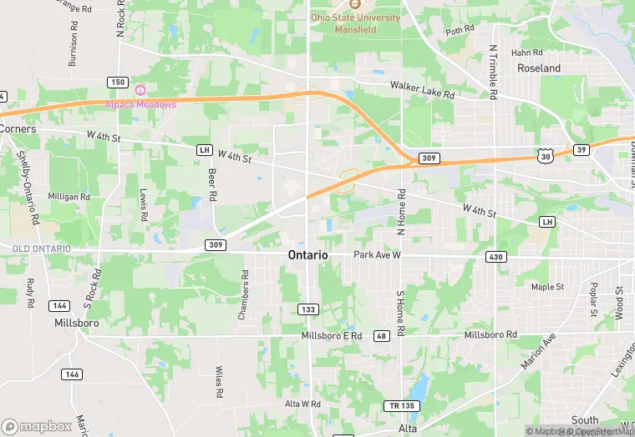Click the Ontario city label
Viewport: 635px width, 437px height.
(307, 254)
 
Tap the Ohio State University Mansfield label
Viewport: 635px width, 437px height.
(355, 23)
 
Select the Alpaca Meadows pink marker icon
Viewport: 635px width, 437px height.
(140, 90)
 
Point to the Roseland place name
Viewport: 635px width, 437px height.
(539, 68)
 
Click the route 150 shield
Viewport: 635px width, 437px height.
(117, 82)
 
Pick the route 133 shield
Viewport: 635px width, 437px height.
(307, 309)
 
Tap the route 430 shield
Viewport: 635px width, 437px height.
(495, 257)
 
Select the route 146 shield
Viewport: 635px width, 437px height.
(72, 374)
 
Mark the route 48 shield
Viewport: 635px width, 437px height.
(382, 336)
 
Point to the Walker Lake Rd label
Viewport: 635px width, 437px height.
(422, 88)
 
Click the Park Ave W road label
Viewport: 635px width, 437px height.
(377, 254)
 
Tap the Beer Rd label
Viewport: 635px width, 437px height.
(213, 186)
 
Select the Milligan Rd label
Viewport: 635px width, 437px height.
(69, 197)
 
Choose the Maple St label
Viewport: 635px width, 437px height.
(547, 287)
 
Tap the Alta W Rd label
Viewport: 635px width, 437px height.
(302, 404)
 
